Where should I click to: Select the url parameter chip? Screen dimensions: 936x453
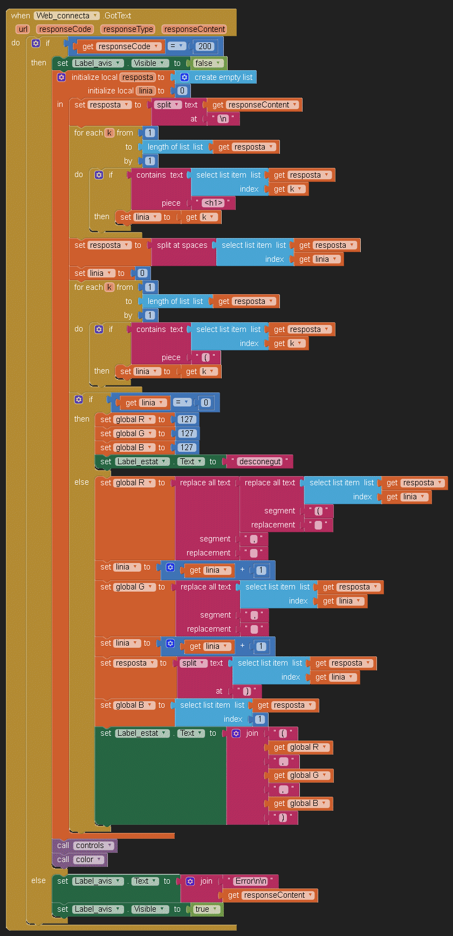[x=23, y=29]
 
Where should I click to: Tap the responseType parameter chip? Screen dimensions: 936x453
[x=128, y=29]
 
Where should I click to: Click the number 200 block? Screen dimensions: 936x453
[x=205, y=46]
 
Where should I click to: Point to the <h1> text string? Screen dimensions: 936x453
[x=214, y=203]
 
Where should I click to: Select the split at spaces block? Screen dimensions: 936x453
[x=182, y=245]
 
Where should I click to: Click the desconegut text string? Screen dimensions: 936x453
[x=260, y=462]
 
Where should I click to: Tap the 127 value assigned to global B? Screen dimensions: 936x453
[x=187, y=447]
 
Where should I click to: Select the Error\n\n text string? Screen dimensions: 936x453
[x=251, y=881]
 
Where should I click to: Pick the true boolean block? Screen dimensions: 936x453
[x=205, y=909]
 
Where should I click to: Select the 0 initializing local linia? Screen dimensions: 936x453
[x=182, y=91]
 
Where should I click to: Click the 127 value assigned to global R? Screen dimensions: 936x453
[x=187, y=419]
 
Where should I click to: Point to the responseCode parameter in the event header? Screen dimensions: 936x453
[x=65, y=29]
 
